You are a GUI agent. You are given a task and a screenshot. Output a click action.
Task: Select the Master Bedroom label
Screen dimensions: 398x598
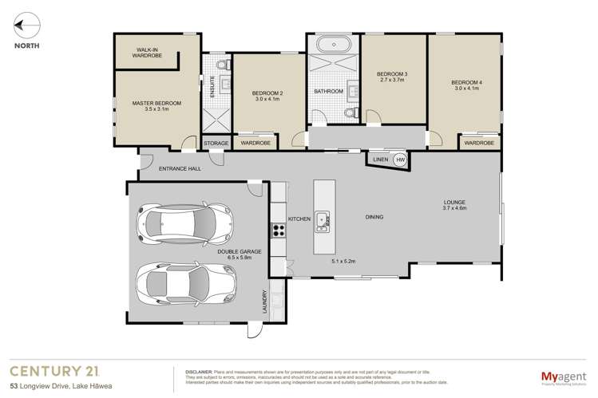click(x=156, y=103)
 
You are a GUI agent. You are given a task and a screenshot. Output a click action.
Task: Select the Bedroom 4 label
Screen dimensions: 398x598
click(x=467, y=82)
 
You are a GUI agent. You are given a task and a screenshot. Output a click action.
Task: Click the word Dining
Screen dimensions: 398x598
click(x=374, y=217)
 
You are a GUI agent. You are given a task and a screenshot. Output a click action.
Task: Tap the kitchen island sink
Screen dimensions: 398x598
click(x=322, y=219)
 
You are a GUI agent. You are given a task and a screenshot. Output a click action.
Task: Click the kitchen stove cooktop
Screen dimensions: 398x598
click(x=279, y=231)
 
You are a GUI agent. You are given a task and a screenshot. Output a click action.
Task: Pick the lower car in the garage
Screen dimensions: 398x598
click(x=184, y=280)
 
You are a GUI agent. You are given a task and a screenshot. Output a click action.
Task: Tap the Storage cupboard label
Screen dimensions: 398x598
click(x=216, y=144)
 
